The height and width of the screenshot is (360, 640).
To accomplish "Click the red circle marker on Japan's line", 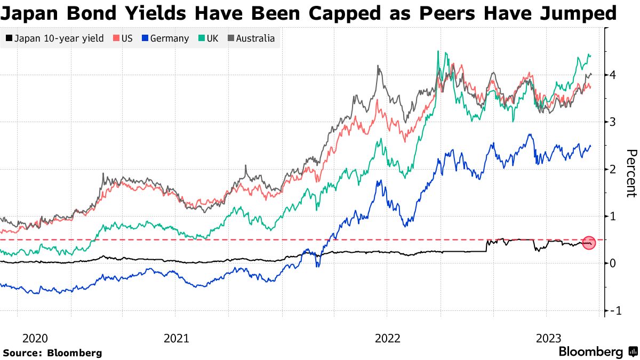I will pos(589,244).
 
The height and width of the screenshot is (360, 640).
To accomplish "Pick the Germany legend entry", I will pos(165,38).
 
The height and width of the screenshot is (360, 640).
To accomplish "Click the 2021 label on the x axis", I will pos(176,338).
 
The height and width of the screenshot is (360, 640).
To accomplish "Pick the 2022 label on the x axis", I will pos(387,338).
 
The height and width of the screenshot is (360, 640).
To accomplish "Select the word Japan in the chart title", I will pos(30,13).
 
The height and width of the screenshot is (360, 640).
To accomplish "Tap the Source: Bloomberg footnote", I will pos(52,353).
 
